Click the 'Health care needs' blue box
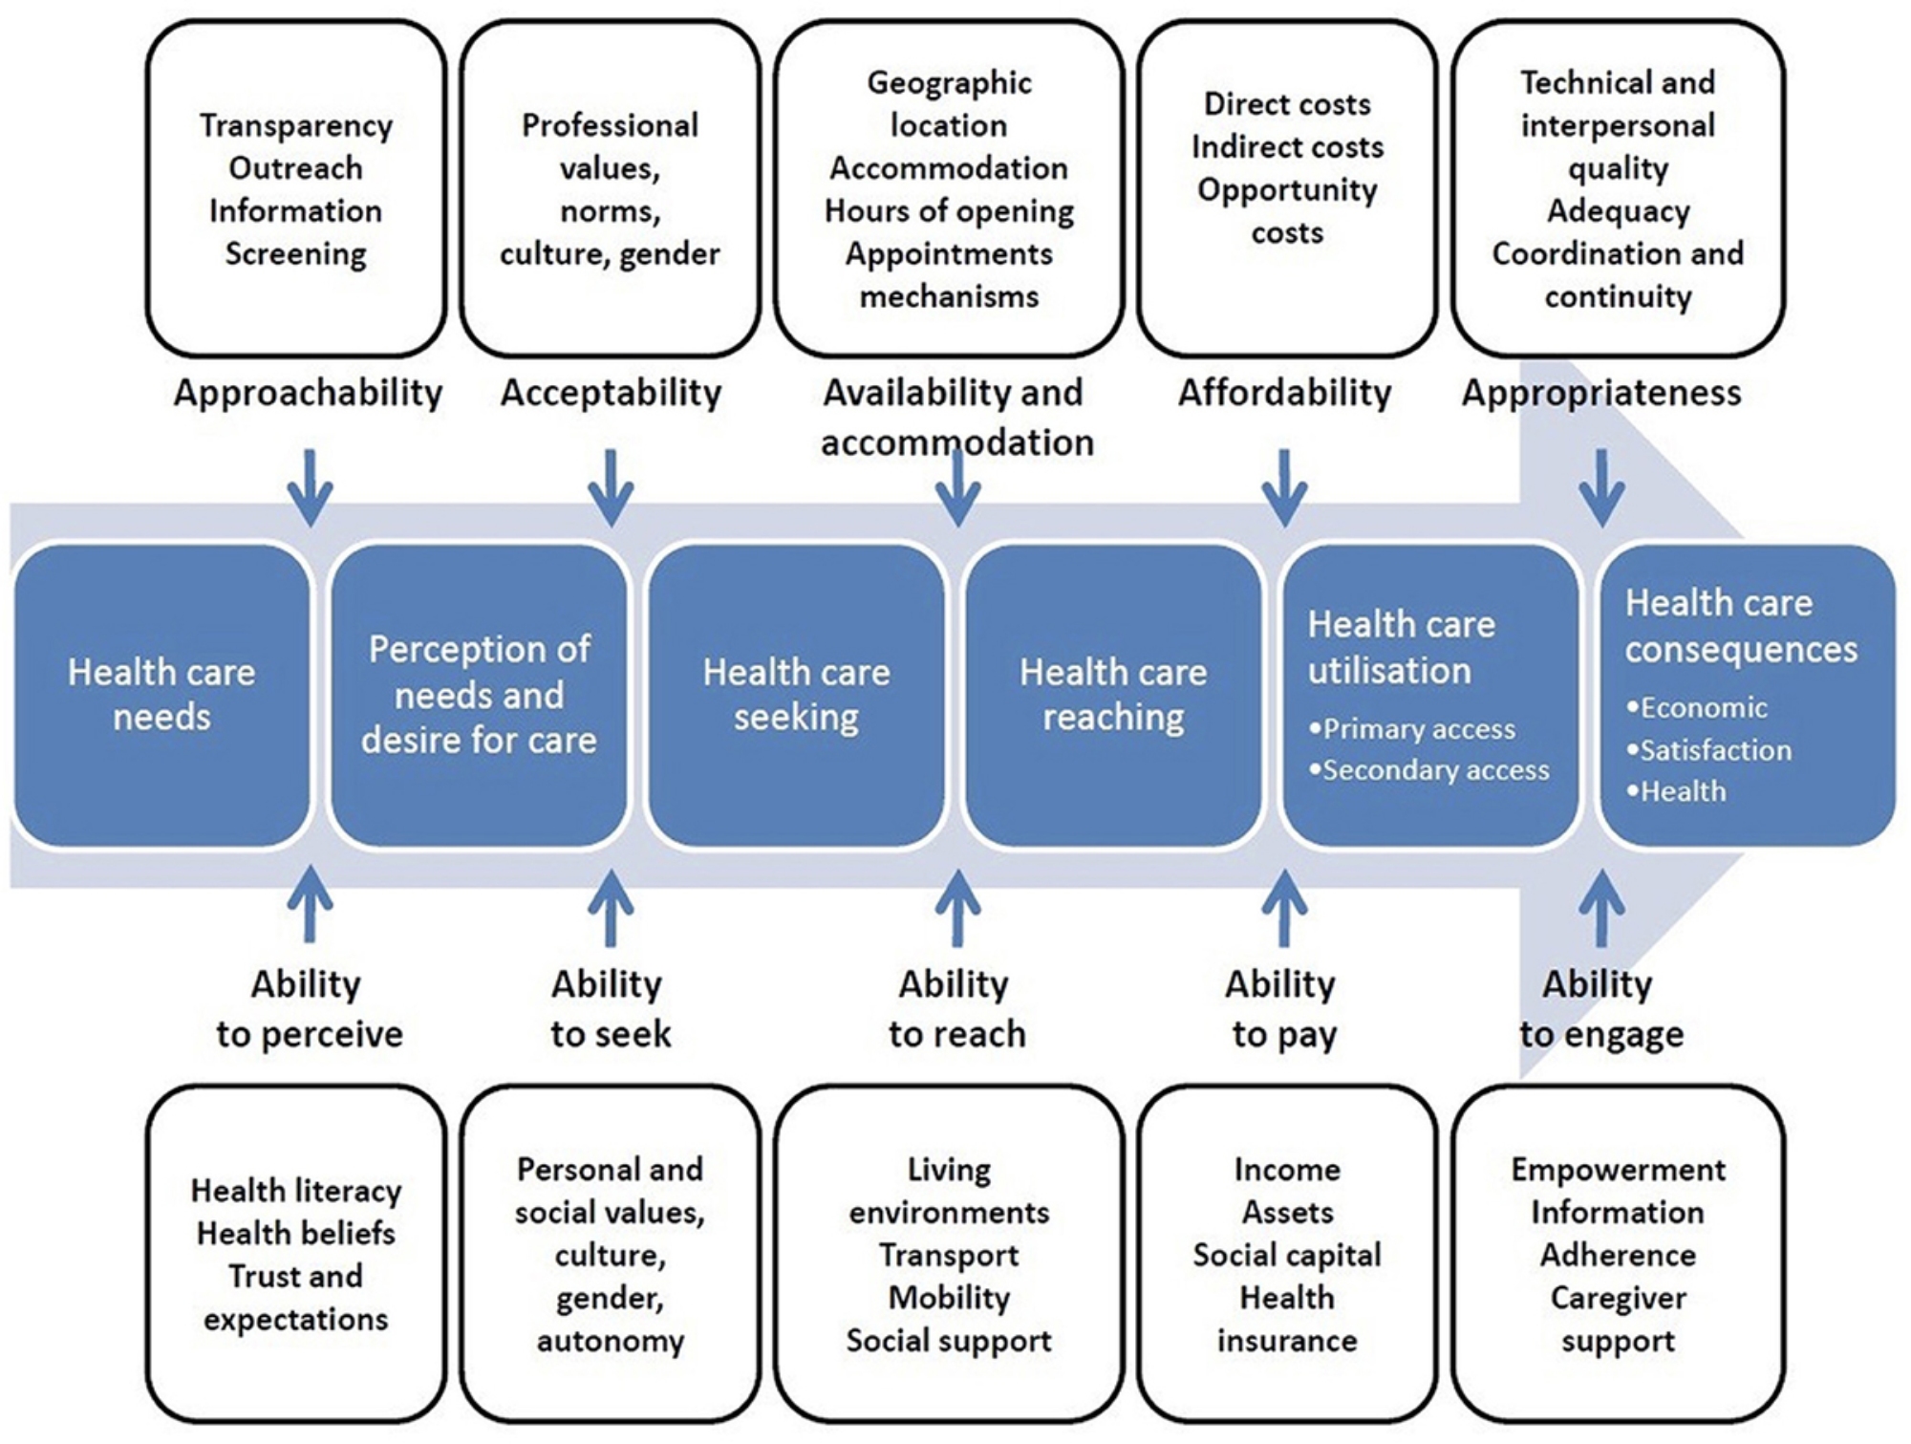pyautogui.click(x=161, y=695)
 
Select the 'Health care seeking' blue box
pyautogui.click(x=796, y=695)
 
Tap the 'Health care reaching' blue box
pyautogui.click(x=1113, y=695)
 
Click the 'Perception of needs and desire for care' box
pyautogui.click(x=479, y=695)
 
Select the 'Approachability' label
pyautogui.click(x=308, y=393)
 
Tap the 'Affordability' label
pyautogui.click(x=1284, y=393)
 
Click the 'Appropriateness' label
pyautogui.click(x=1601, y=393)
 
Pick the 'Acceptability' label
pyautogui.click(x=611, y=393)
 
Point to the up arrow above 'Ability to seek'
pyautogui.click(x=611, y=906)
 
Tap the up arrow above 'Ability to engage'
pyautogui.click(x=1601, y=906)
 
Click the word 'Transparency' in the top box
pyautogui.click(x=296, y=125)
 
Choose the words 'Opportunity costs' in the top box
pyautogui.click(x=1287, y=210)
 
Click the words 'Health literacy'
pyautogui.click(x=296, y=1191)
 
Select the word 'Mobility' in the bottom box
pyautogui.click(x=949, y=1298)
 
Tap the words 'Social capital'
pyautogui.click(x=1287, y=1255)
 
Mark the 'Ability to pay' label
pyautogui.click(x=1282, y=1008)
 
